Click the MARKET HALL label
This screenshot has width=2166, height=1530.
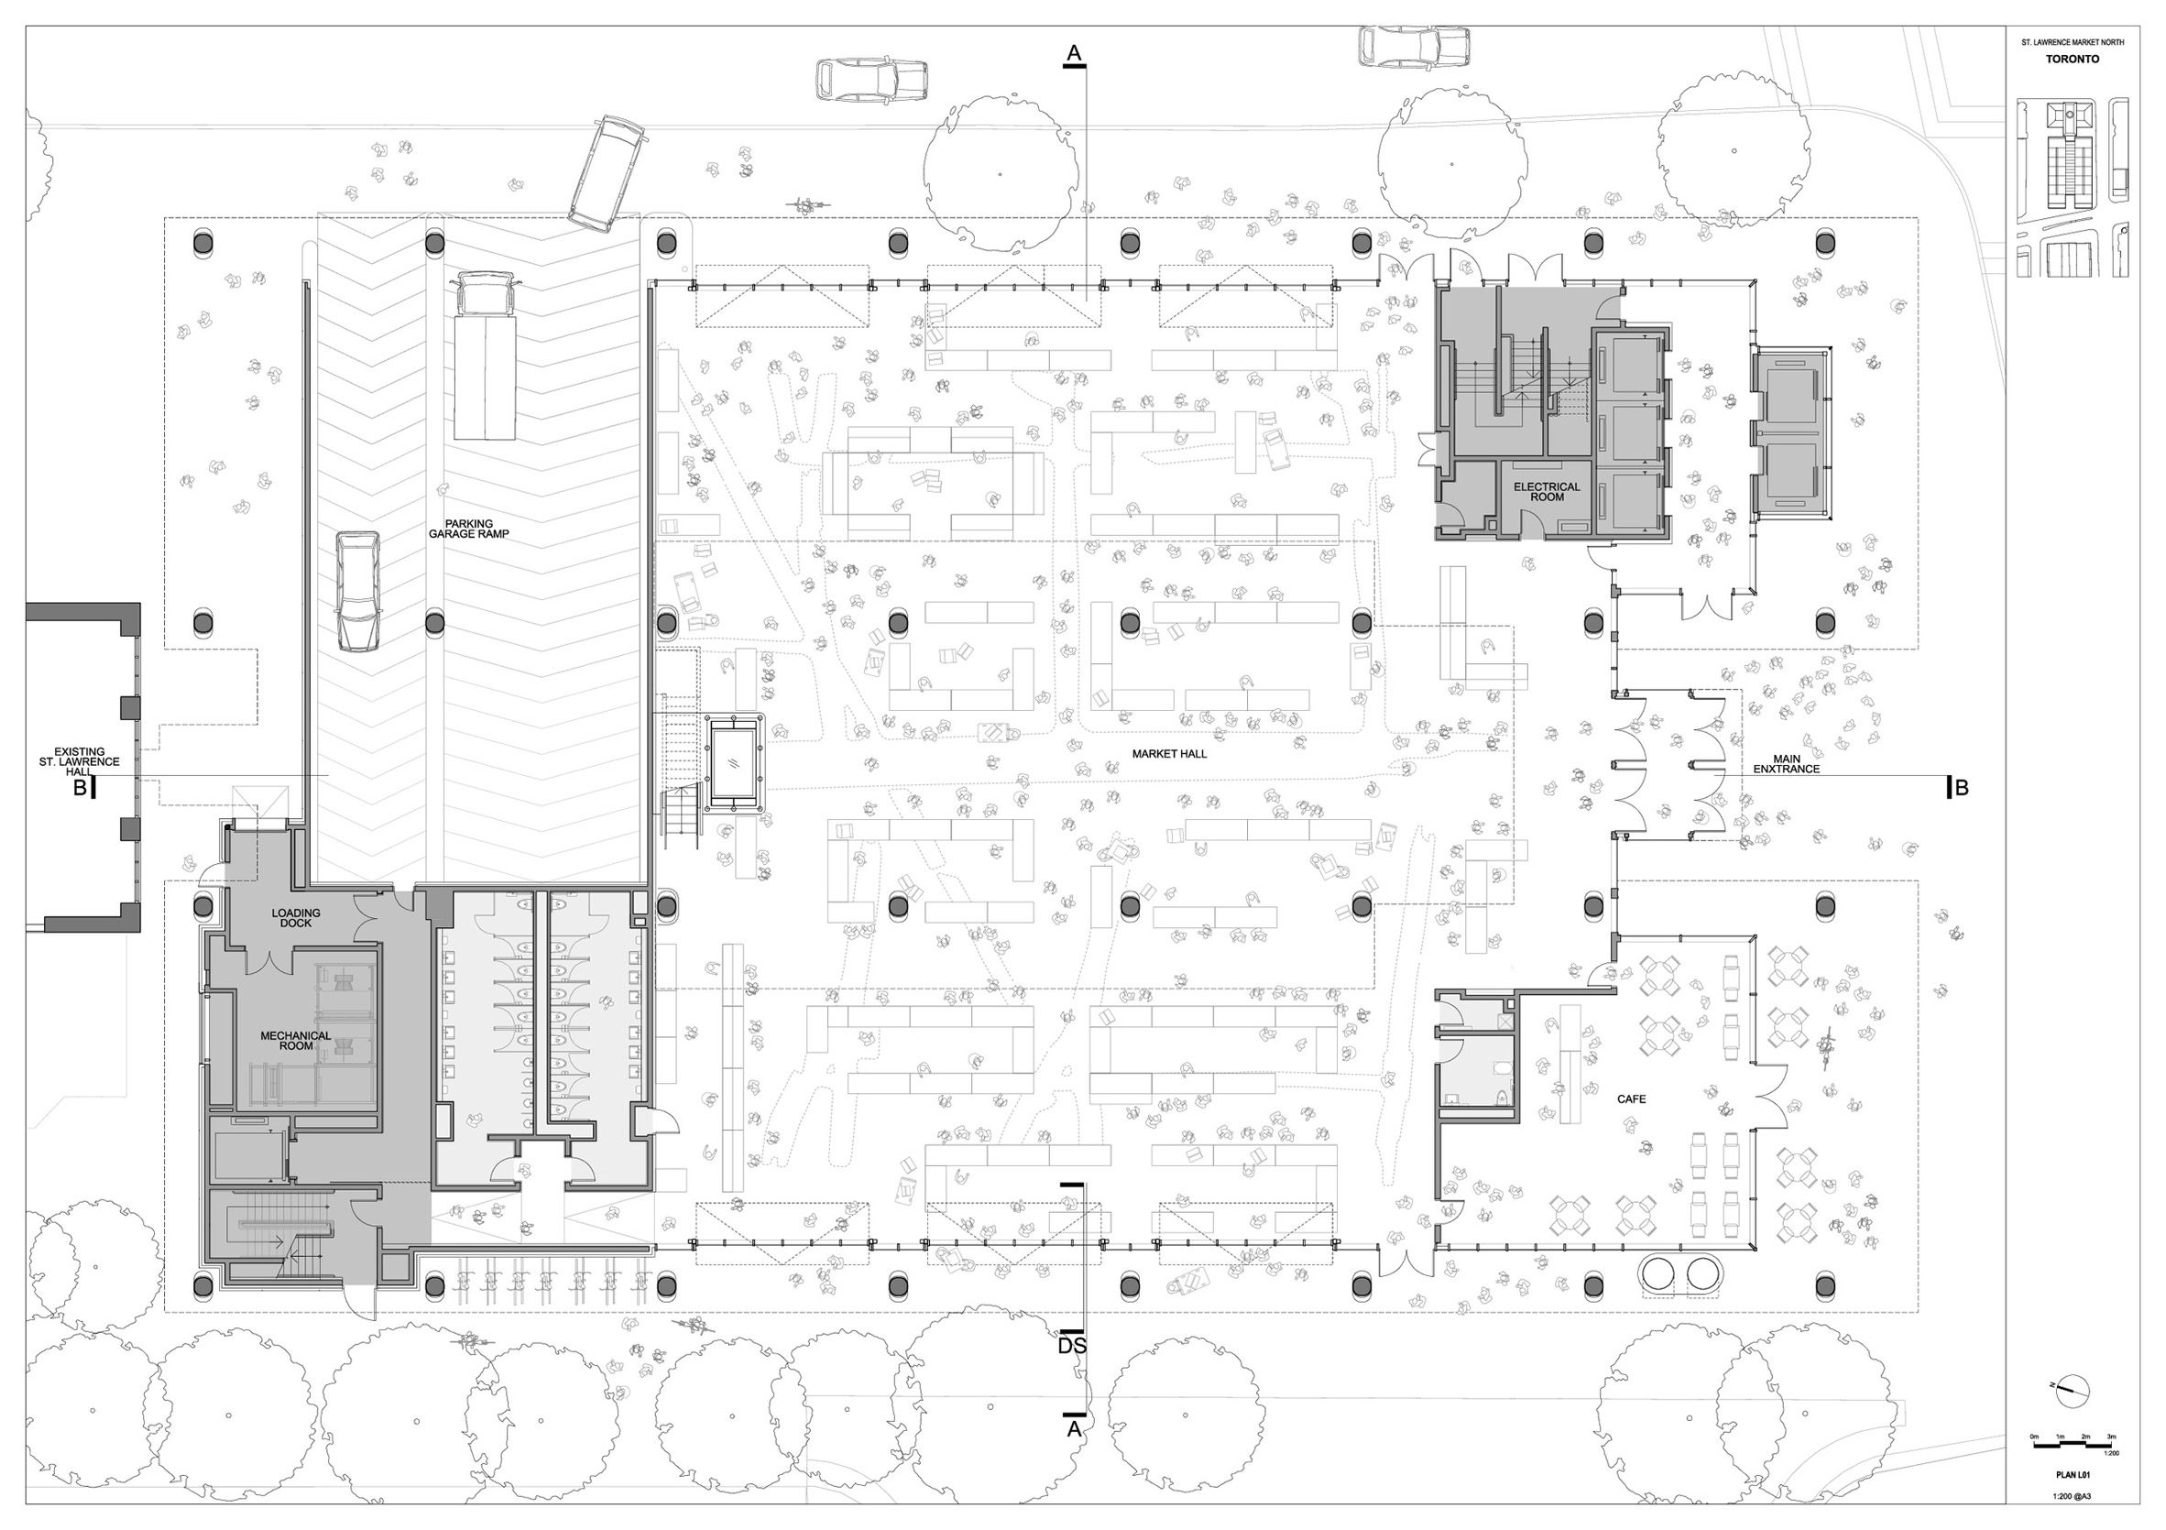coord(1169,754)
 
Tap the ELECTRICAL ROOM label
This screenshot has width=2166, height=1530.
coord(1547,491)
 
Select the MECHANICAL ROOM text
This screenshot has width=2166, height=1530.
coord(295,1041)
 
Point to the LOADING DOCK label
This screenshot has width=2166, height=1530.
coord(295,918)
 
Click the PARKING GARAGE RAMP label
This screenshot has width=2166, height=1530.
coord(468,529)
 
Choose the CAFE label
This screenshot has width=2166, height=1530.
coord(1631,1098)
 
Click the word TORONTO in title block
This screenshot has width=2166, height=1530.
coord(2064,59)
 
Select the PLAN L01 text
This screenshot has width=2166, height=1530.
coord(2066,1474)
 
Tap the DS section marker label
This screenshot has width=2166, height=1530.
coord(1072,1346)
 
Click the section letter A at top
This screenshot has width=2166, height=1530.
coord(1074,54)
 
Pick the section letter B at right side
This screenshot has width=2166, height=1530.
coord(1962,788)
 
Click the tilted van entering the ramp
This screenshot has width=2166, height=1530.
coord(607,173)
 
